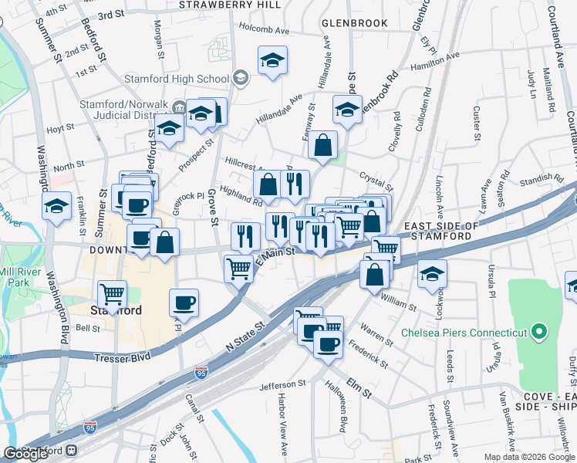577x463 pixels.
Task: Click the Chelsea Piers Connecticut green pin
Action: (539, 333)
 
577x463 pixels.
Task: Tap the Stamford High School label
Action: (177, 79)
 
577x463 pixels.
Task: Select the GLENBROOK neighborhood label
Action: (354, 23)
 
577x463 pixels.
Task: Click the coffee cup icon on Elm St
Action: (328, 343)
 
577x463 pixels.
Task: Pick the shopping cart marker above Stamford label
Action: (113, 294)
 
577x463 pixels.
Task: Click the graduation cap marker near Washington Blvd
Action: (57, 206)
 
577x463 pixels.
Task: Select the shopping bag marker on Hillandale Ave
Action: (325, 144)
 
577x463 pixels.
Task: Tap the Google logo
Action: (25, 454)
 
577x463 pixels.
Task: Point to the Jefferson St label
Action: (282, 385)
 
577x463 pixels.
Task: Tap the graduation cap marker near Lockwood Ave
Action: (433, 273)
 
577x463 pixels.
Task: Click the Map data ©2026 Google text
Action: (528, 457)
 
